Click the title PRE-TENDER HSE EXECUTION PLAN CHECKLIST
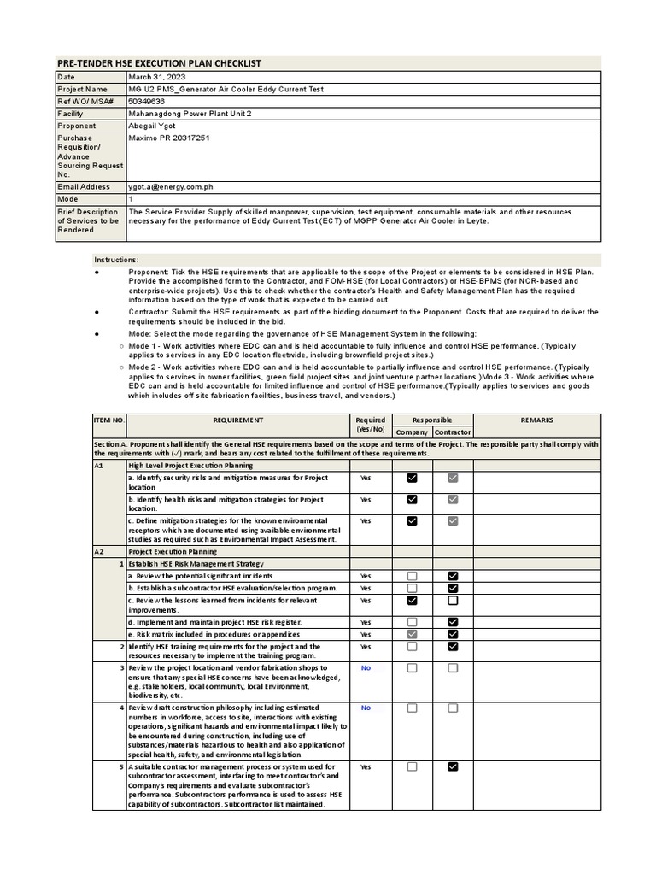point(158,63)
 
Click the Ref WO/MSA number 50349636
point(147,101)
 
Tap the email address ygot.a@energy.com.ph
point(172,186)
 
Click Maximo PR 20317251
point(169,138)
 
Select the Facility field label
point(71,114)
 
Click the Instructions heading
point(116,260)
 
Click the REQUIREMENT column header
point(238,420)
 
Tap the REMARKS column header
point(536,420)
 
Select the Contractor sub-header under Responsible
point(453,432)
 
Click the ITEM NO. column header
point(108,420)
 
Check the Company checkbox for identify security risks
point(413,479)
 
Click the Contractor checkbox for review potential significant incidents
point(453,577)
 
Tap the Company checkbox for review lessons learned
point(413,601)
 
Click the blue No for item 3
point(366,668)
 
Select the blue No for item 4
point(366,708)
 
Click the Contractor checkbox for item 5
point(453,767)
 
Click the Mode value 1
point(131,198)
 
